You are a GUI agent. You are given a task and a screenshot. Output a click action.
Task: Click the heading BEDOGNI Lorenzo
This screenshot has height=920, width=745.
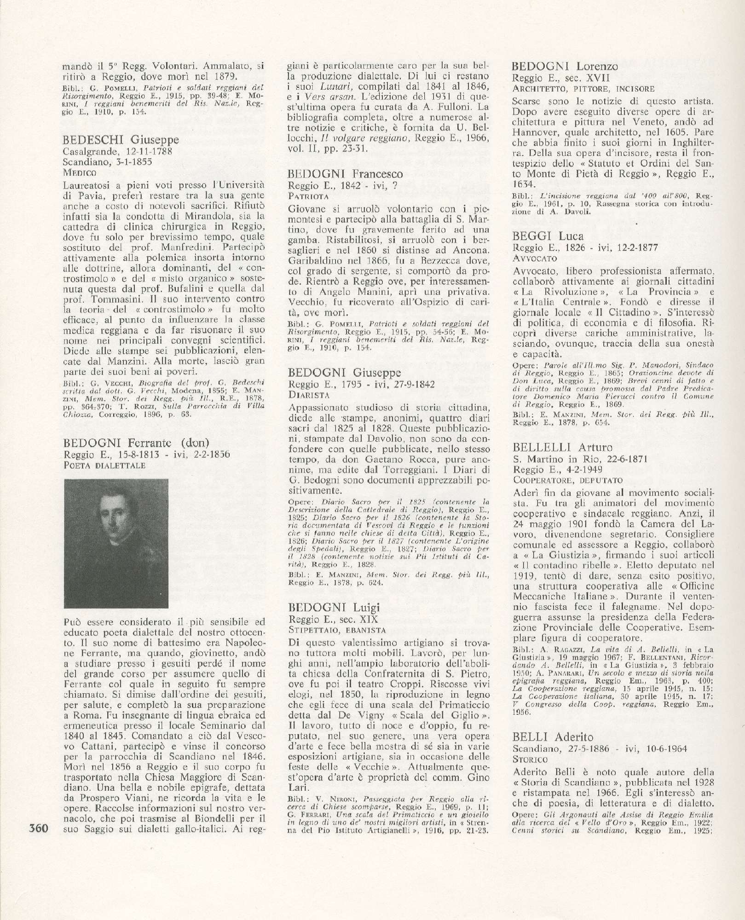[565, 66]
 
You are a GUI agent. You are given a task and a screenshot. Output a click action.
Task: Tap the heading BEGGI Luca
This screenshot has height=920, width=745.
[548, 236]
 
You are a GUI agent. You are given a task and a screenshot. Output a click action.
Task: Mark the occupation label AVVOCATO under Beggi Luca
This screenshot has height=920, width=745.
[534, 258]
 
